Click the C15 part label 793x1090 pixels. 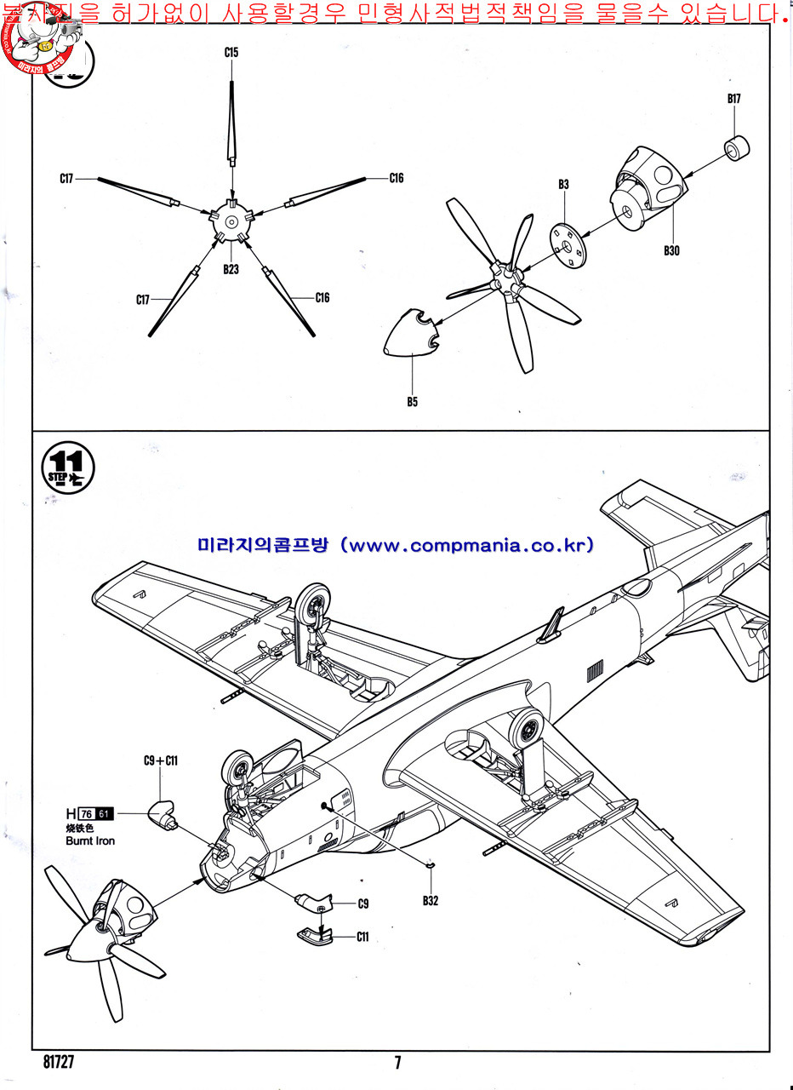click(231, 53)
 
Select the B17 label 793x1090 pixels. click(734, 99)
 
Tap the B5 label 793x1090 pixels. click(412, 402)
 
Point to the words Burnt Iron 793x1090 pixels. click(90, 840)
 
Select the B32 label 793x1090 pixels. click(431, 902)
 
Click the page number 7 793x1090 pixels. click(397, 1062)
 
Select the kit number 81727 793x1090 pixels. click(58, 1062)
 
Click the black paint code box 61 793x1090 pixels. click(104, 813)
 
